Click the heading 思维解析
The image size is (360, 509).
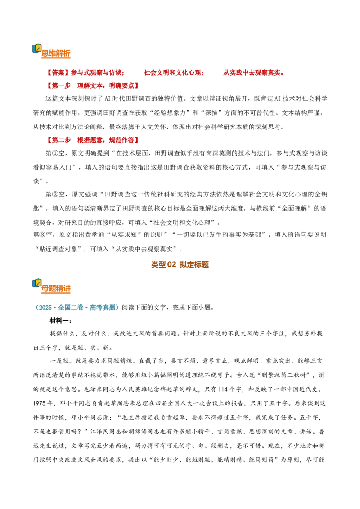point(56,54)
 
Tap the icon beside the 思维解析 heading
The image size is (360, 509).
point(37,49)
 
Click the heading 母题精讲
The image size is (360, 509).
point(56,289)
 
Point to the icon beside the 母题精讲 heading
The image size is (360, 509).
point(37,283)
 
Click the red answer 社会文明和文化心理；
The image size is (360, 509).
point(174,73)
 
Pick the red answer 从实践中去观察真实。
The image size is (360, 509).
point(254,73)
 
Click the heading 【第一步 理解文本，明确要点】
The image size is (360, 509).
point(93,86)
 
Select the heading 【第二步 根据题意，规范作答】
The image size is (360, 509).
point(93,140)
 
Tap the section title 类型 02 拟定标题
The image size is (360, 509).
point(180,264)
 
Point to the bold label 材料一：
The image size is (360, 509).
point(61,321)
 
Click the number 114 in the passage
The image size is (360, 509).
point(223,389)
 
